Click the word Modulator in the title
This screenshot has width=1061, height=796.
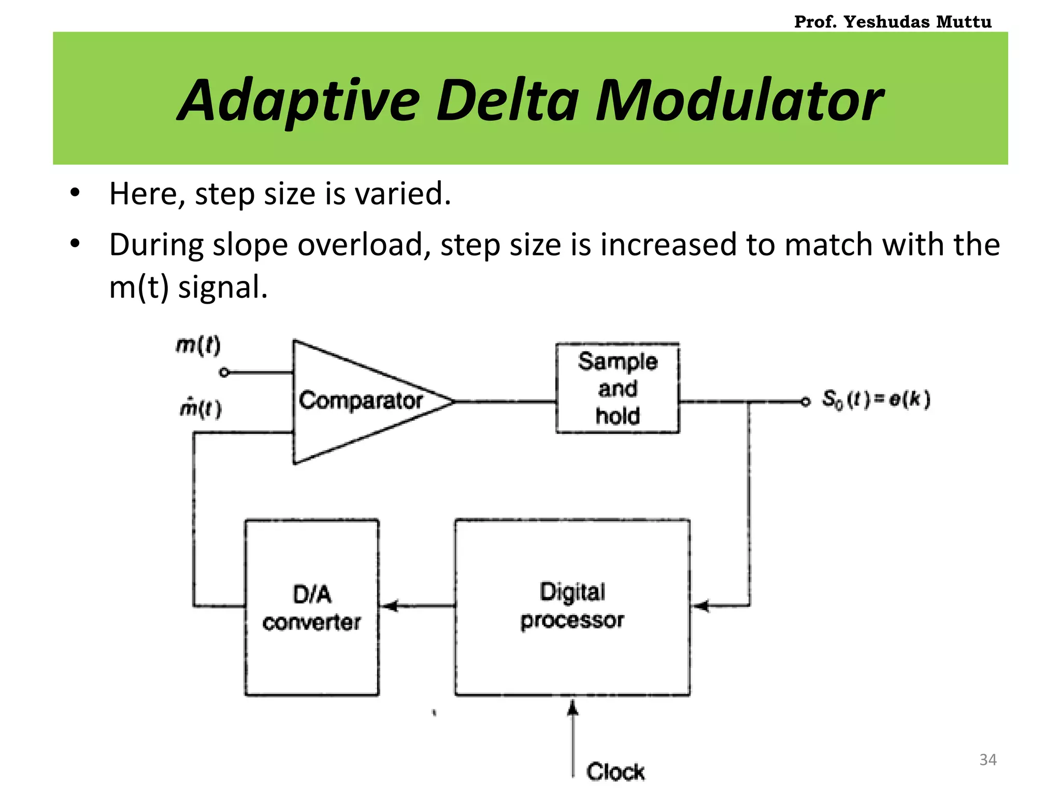click(x=739, y=101)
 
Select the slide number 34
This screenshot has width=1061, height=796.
click(x=987, y=760)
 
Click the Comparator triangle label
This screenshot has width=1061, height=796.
click(x=361, y=401)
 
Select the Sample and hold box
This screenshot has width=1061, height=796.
click(x=617, y=388)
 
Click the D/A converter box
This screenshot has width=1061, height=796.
click(x=312, y=607)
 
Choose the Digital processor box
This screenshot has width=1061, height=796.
click(x=572, y=606)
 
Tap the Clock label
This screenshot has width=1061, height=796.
click(x=615, y=772)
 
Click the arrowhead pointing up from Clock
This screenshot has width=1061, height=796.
click(x=572, y=707)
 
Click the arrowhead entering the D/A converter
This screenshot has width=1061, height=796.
click(x=389, y=605)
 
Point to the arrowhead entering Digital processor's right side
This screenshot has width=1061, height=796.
click(x=701, y=605)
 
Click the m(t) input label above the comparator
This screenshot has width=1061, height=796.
click(x=198, y=345)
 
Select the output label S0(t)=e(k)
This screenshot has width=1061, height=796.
click(x=876, y=400)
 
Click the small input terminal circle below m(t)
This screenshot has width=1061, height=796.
click(x=224, y=372)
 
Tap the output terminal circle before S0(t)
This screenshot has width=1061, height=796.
click(x=805, y=402)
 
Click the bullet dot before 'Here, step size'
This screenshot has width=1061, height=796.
click(x=75, y=193)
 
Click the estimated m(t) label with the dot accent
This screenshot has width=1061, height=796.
click(x=200, y=408)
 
